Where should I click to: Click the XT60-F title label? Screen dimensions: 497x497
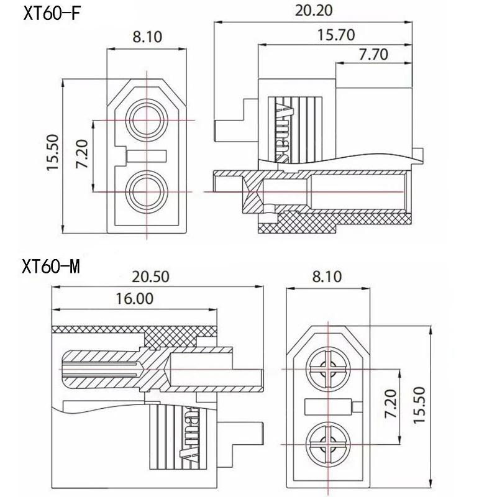[52, 13]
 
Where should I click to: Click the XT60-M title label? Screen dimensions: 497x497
[52, 267]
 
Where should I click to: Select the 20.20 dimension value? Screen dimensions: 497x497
[314, 10]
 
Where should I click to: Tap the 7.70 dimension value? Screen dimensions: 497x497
[373, 55]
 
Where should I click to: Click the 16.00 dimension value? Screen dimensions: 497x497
[134, 298]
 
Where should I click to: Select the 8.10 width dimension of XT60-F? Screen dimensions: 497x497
[147, 37]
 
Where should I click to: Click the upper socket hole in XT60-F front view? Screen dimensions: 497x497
[147, 119]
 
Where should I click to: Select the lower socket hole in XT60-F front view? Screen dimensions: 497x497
[147, 192]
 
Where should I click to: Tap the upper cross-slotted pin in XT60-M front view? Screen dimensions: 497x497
[326, 370]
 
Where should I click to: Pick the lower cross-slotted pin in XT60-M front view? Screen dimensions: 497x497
[326, 444]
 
